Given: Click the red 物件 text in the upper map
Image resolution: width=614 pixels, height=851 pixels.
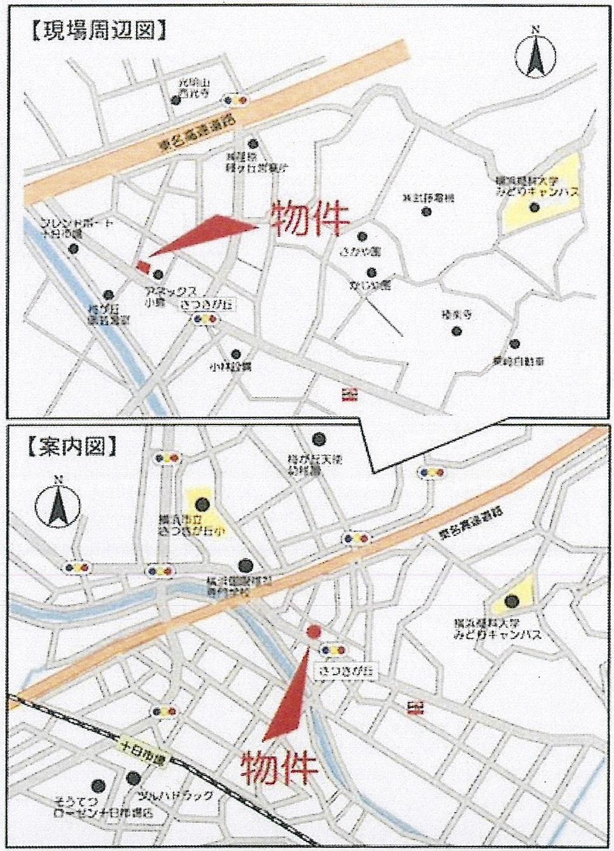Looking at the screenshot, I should [x=310, y=219].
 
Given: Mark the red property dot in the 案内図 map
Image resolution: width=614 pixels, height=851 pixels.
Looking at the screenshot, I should [x=313, y=631].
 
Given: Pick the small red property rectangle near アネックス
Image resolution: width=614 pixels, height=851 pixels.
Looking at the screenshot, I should [x=144, y=265].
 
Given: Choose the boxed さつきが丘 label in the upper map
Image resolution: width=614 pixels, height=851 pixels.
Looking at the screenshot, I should [x=207, y=306].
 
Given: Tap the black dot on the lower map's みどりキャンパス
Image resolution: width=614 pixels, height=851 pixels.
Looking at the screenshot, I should [x=511, y=600].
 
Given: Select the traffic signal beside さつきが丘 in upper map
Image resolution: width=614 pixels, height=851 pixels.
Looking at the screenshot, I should [x=207, y=321].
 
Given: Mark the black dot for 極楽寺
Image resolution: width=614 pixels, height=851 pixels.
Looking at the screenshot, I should [x=456, y=331].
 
